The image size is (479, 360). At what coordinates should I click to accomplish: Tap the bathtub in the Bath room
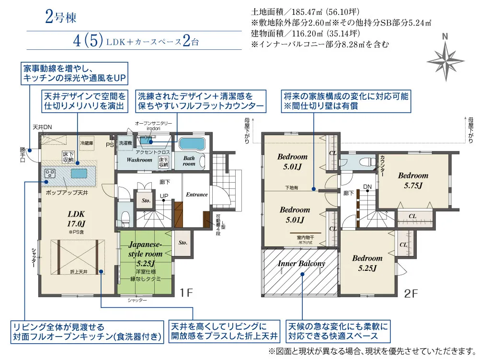pos(192,143)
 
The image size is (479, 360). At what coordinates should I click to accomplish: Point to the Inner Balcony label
pos(301,263)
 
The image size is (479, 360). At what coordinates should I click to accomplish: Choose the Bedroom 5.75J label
pos(413,180)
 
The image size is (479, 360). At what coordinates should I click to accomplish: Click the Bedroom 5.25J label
pos(367,263)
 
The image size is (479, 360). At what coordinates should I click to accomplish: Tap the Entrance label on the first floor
pos(197,195)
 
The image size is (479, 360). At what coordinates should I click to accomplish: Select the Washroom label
pos(139,160)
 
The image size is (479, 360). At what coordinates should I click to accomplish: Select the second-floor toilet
pos(369,162)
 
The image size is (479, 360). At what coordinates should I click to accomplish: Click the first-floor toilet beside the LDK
pos(125,218)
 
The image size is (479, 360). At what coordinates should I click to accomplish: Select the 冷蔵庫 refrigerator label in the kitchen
pos(87,143)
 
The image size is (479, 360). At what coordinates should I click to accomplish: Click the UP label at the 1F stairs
pos(164,196)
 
